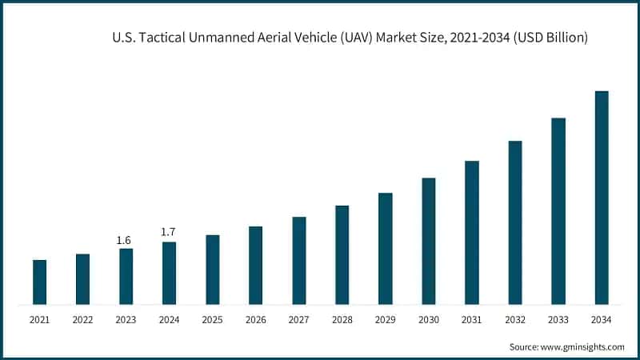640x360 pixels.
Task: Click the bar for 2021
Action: point(39,282)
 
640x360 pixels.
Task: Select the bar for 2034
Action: point(601,198)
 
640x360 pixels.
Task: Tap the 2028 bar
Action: point(342,255)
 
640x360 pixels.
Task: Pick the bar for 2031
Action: point(471,233)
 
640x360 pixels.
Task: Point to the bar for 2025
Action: point(212,270)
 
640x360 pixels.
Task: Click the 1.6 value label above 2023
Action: point(125,240)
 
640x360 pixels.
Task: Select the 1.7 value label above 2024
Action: point(168,232)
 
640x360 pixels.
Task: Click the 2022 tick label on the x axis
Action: point(82,320)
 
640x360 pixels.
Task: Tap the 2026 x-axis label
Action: point(255,320)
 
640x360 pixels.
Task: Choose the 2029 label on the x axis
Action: point(385,320)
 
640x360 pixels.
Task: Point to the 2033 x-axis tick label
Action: point(558,320)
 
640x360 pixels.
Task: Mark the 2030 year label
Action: point(428,320)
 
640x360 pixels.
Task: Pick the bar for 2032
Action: point(514,222)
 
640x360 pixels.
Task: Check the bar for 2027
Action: point(298,261)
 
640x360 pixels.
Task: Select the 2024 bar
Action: point(169,273)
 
